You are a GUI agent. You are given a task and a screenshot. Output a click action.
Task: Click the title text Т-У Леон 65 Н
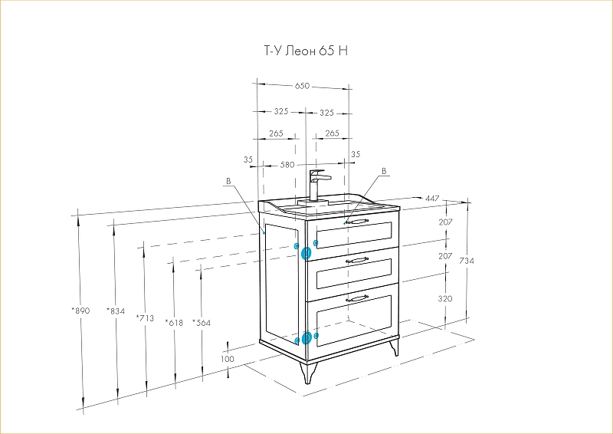pos(306,51)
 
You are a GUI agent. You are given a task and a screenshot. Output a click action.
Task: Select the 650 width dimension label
pos(302,86)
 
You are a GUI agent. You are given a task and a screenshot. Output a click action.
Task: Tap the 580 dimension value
pos(287,165)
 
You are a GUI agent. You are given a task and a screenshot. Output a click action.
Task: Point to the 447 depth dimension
pos(432,199)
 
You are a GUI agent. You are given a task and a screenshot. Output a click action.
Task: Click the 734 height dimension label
pos(467,260)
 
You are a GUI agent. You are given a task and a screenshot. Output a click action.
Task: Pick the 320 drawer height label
pos(445,298)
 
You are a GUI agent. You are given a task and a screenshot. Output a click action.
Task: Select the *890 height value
pos(80,311)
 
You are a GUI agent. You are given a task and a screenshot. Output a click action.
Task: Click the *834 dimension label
pos(116,311)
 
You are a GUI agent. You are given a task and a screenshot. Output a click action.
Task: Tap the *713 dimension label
pos(145,317)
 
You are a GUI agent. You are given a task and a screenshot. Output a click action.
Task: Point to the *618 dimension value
pos(174,323)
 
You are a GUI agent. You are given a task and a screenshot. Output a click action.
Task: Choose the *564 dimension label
pos(202,323)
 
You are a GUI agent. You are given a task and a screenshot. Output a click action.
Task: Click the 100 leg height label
pos(227,358)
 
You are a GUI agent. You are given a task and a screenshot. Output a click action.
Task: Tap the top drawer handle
pos(356,222)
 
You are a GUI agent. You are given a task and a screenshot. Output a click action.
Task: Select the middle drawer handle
pos(357,260)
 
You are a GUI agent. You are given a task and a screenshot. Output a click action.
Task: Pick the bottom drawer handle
pos(357,298)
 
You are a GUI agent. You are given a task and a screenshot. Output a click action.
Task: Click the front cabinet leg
pos(308,373)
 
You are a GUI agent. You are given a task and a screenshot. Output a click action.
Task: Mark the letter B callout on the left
pos(228,181)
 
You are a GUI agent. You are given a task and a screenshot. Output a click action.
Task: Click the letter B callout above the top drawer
pos(384,171)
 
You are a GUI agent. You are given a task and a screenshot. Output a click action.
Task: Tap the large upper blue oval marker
pos(306,254)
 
